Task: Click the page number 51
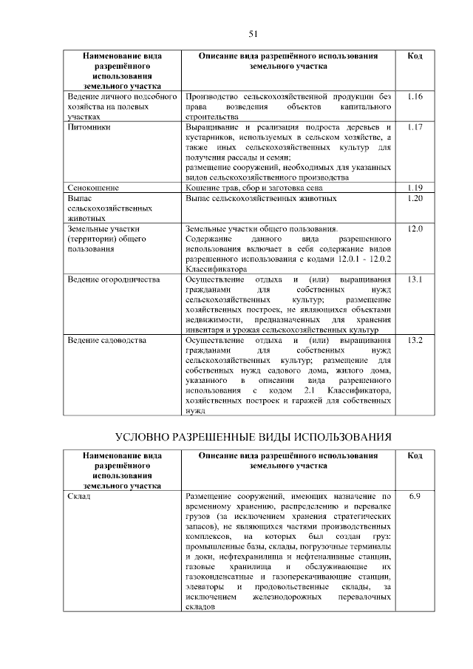(x=253, y=34)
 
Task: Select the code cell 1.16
(x=415, y=97)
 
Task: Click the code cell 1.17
(x=415, y=127)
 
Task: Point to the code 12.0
(x=415, y=229)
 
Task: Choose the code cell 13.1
(x=415, y=279)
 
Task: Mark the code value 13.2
(x=415, y=340)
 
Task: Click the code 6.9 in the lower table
(x=415, y=496)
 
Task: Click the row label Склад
(x=79, y=496)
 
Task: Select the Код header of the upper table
(x=415, y=56)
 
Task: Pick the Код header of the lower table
(x=415, y=456)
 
